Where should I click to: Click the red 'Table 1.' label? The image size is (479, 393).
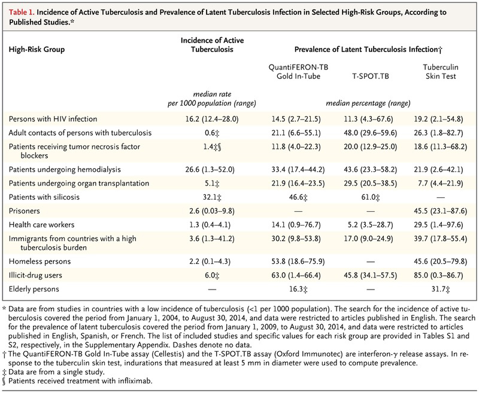tap(22, 12)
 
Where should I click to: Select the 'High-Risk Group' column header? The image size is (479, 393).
tap(37, 50)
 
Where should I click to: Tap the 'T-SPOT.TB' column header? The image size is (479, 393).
tap(371, 76)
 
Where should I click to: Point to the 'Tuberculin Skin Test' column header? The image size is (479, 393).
tap(441, 72)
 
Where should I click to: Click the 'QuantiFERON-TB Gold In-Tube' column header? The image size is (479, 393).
tap(298, 72)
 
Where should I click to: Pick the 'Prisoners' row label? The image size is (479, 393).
tap(24, 211)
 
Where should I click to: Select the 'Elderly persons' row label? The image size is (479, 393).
tap(34, 289)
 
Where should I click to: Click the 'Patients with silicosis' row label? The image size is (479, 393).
tap(44, 197)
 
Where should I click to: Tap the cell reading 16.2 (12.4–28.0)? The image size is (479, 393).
tap(212, 119)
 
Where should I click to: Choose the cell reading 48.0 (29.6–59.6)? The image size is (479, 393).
tap(370, 133)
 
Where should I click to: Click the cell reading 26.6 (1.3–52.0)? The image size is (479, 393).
tap(210, 170)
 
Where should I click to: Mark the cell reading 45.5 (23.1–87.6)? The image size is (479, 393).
tap(441, 211)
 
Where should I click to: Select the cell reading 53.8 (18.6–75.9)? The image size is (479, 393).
tap(298, 261)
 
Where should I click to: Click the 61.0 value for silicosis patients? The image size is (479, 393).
tap(371, 197)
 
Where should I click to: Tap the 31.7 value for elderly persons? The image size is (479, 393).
tap(441, 289)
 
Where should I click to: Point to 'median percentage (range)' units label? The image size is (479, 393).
tap(368, 103)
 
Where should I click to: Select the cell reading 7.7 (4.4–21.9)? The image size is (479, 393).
tap(438, 184)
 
